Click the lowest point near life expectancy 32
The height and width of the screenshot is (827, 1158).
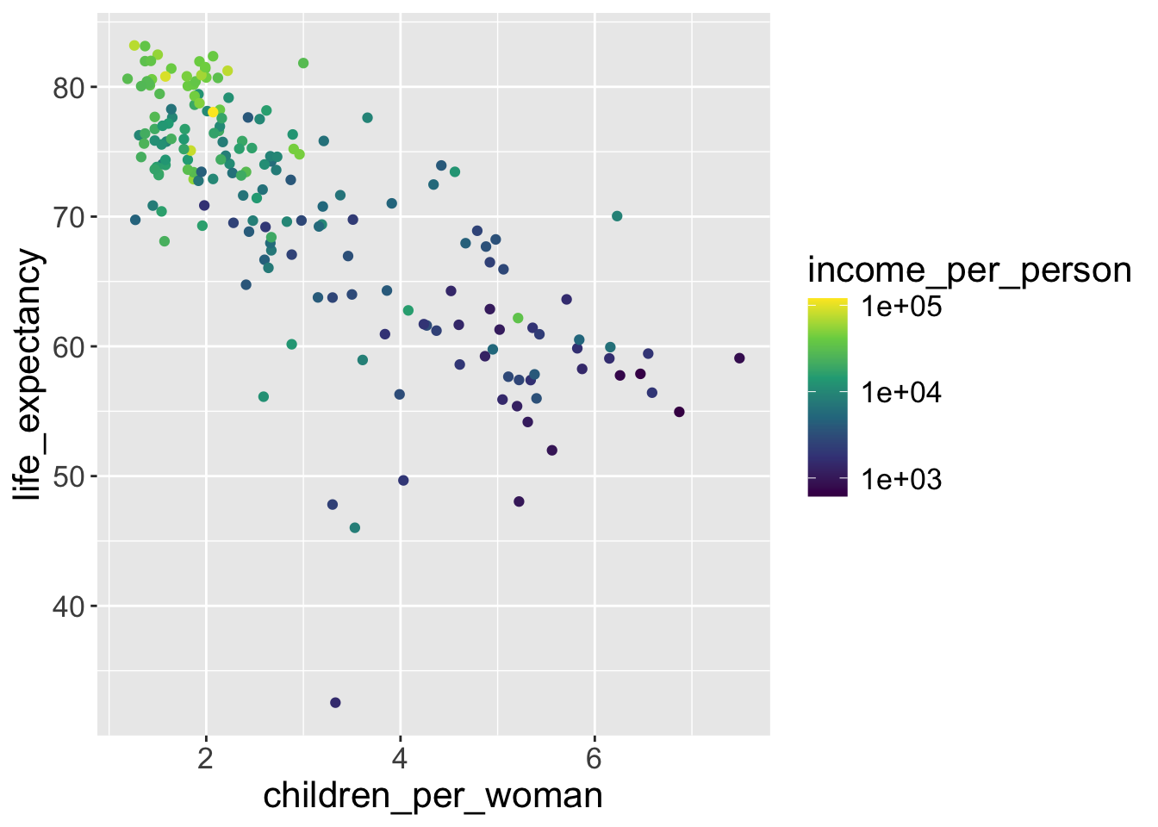tap(335, 703)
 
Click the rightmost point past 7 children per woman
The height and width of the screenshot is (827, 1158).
tap(739, 358)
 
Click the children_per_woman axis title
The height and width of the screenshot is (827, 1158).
tap(433, 796)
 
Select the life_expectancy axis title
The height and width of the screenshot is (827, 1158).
tap(28, 375)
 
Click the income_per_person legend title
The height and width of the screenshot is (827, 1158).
tap(969, 270)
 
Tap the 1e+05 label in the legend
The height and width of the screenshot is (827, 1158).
tap(901, 307)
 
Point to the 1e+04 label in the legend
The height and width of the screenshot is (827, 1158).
tap(901, 393)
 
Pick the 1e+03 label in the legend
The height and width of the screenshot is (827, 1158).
tap(901, 480)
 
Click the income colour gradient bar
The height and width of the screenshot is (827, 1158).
tap(827, 397)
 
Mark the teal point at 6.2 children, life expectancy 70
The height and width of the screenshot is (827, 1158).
tap(617, 216)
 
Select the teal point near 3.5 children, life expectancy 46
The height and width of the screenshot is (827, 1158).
tap(355, 528)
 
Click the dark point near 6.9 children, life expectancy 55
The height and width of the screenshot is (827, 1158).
tap(679, 412)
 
